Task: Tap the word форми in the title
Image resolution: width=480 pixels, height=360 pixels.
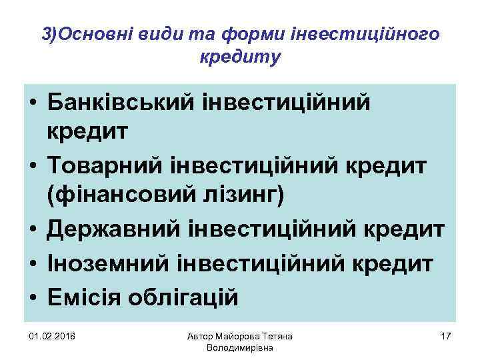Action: tap(235, 34)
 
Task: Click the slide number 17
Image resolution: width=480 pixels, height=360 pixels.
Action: tap(446, 335)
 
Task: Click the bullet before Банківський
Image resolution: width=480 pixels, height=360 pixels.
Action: tap(32, 103)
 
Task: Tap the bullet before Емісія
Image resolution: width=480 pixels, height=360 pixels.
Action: tap(32, 296)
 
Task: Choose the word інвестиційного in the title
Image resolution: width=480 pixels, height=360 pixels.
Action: tap(381, 34)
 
